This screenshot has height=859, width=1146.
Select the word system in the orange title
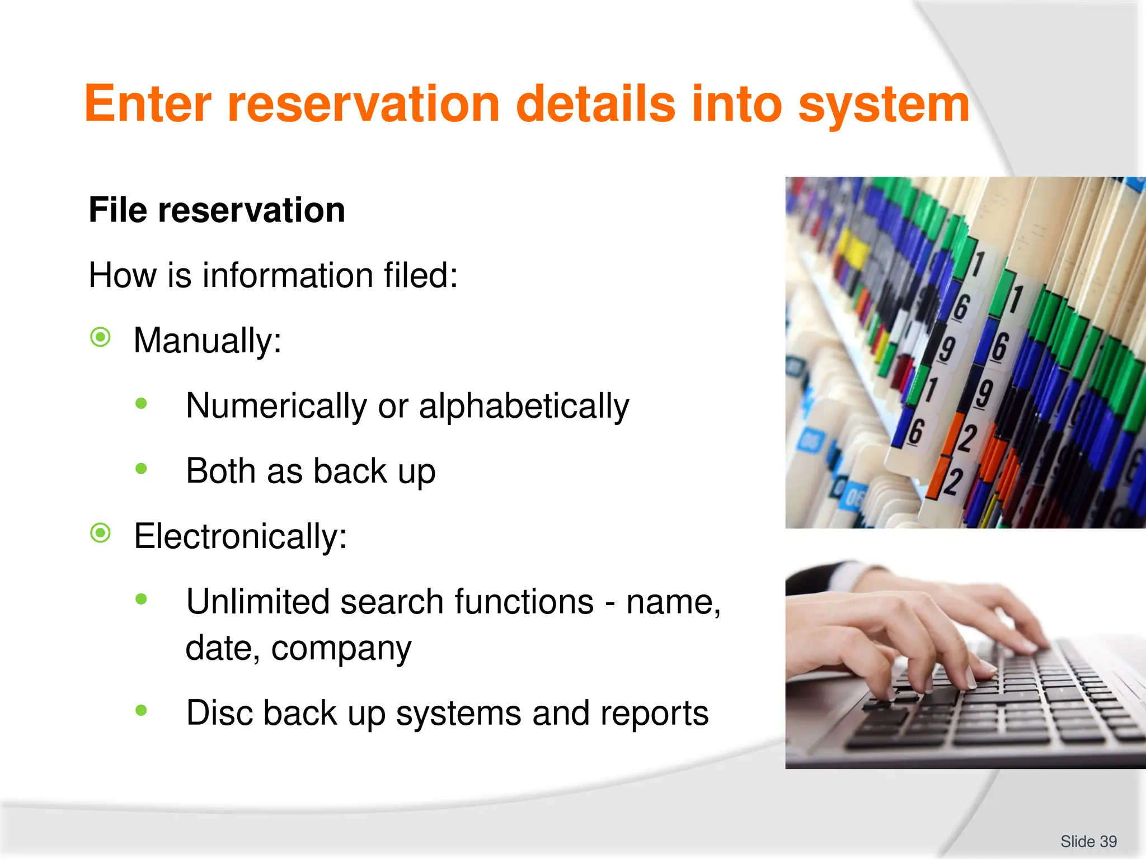884,105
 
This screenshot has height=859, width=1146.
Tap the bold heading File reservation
217,210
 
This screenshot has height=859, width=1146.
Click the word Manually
207,340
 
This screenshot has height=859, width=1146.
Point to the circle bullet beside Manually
101,337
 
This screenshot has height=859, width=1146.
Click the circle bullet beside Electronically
101,533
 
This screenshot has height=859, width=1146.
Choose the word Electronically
240,536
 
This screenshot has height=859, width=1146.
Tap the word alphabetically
524,405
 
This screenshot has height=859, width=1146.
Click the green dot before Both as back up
141,468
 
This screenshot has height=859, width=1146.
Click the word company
341,649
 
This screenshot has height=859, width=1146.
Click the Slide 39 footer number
1088,841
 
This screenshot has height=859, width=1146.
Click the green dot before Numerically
141,403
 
